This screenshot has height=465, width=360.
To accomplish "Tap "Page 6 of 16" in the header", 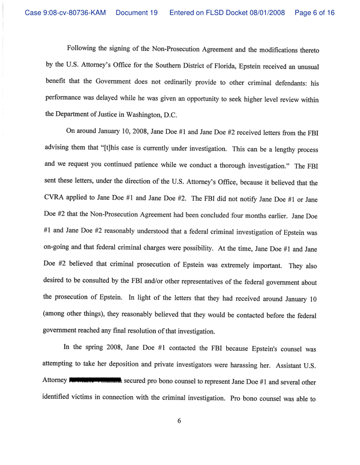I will point(315,13).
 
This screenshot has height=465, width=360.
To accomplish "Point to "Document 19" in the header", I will point(137,13).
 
